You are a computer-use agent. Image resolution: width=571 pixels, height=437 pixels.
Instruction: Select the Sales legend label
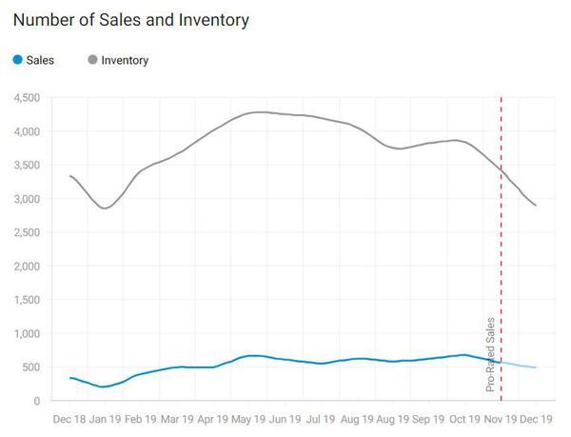pyautogui.click(x=41, y=60)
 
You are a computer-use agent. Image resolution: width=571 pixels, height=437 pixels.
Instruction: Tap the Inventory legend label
pyautogui.click(x=125, y=60)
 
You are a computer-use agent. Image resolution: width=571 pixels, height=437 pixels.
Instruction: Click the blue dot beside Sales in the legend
pyautogui.click(x=18, y=60)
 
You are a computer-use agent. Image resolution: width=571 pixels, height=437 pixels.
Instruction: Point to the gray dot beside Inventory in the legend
pyautogui.click(x=91, y=60)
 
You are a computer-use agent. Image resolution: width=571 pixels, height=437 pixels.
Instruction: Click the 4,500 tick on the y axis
pyautogui.click(x=26, y=97)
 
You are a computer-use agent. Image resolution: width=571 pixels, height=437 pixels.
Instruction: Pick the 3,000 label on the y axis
pyautogui.click(x=26, y=199)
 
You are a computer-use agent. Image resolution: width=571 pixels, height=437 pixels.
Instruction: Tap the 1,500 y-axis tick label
pyautogui.click(x=26, y=300)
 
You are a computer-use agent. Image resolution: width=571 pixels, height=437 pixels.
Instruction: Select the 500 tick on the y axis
pyautogui.click(x=31, y=367)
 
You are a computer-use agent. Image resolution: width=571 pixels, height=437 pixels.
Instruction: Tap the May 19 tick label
pyautogui.click(x=255, y=419)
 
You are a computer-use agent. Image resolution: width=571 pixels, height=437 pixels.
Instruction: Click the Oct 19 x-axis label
pyautogui.click(x=464, y=419)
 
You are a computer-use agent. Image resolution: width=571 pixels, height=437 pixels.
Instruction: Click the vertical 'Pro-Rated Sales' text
pyautogui.click(x=491, y=355)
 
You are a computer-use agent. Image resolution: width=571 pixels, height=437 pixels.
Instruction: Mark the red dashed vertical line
pyautogui.click(x=502, y=238)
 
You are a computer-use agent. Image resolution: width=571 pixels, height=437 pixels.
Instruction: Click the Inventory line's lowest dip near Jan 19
pyautogui.click(x=105, y=208)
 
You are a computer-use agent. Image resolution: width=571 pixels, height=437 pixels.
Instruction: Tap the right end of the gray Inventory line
pyautogui.click(x=536, y=206)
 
